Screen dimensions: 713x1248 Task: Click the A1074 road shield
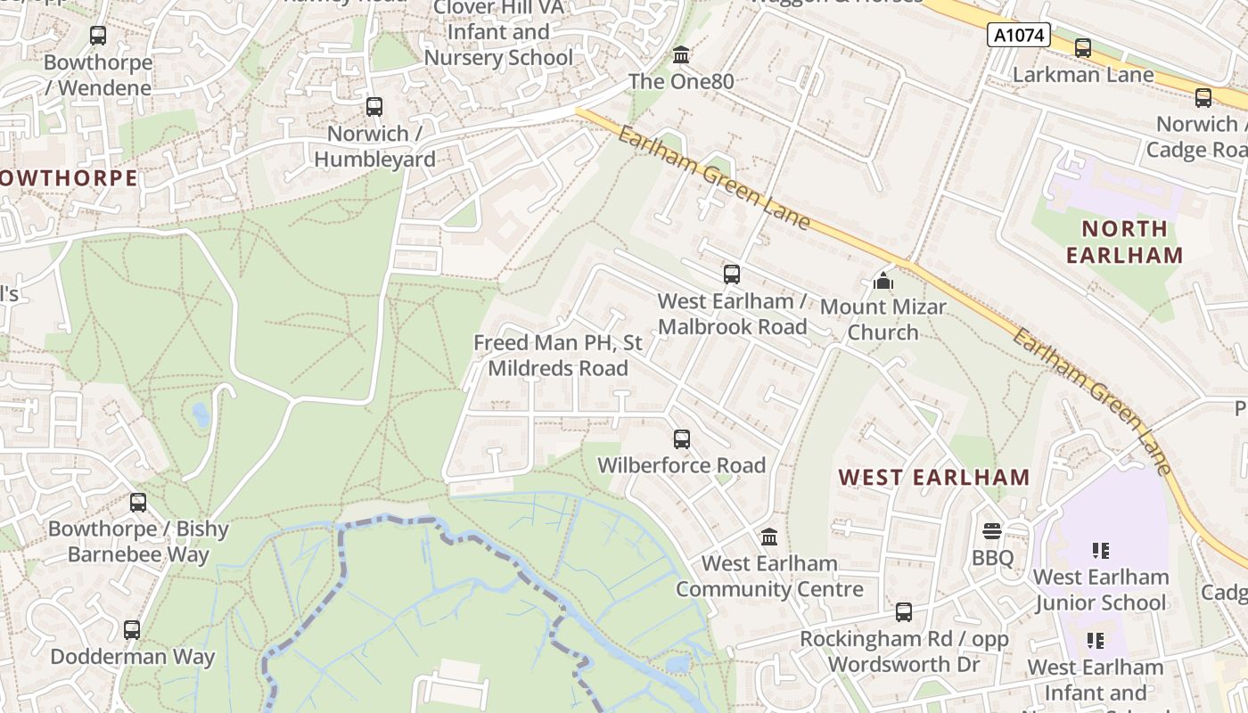coord(1020,36)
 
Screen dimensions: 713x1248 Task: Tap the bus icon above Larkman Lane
coord(1083,48)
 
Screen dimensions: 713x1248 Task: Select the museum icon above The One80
coord(682,55)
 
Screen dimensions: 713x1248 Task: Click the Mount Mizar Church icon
coord(883,282)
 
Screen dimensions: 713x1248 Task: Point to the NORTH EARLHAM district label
coord(1124,242)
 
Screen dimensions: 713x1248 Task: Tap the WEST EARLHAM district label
coord(934,477)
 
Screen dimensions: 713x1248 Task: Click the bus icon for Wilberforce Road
coord(682,439)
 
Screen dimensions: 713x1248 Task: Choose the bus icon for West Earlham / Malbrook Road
coord(732,275)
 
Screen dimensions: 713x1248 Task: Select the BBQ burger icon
coord(992,532)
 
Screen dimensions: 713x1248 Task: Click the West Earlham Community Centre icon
coord(769,537)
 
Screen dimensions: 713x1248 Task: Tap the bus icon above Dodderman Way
coord(132,630)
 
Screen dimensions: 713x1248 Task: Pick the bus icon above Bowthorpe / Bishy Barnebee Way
coord(138,503)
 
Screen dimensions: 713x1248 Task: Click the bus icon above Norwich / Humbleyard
coord(374,108)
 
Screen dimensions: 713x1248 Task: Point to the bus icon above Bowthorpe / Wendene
coord(98,37)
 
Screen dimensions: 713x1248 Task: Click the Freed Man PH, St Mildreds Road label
coord(558,356)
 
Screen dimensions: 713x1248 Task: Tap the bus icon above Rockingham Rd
coord(904,612)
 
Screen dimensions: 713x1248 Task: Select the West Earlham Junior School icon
coord(1101,551)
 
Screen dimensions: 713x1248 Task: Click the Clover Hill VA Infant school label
coord(498,32)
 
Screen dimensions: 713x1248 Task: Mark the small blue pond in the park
coord(201,414)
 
